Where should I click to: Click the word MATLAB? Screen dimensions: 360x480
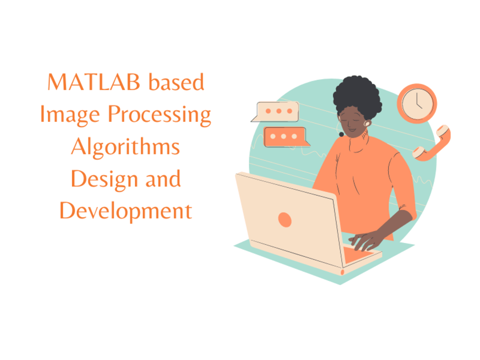coord(93,83)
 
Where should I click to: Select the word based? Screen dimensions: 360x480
coord(176,83)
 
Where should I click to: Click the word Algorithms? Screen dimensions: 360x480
coord(125,147)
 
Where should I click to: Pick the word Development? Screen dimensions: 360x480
coord(125,211)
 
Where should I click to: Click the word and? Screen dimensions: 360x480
coord(162,180)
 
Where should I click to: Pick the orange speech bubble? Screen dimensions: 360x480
coord(285,137)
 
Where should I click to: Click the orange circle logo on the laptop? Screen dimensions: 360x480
coord(285,219)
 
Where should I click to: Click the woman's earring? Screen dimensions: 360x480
coord(367,124)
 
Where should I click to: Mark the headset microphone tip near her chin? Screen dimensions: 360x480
coord(341,134)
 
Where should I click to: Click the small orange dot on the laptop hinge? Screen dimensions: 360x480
coord(342,272)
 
